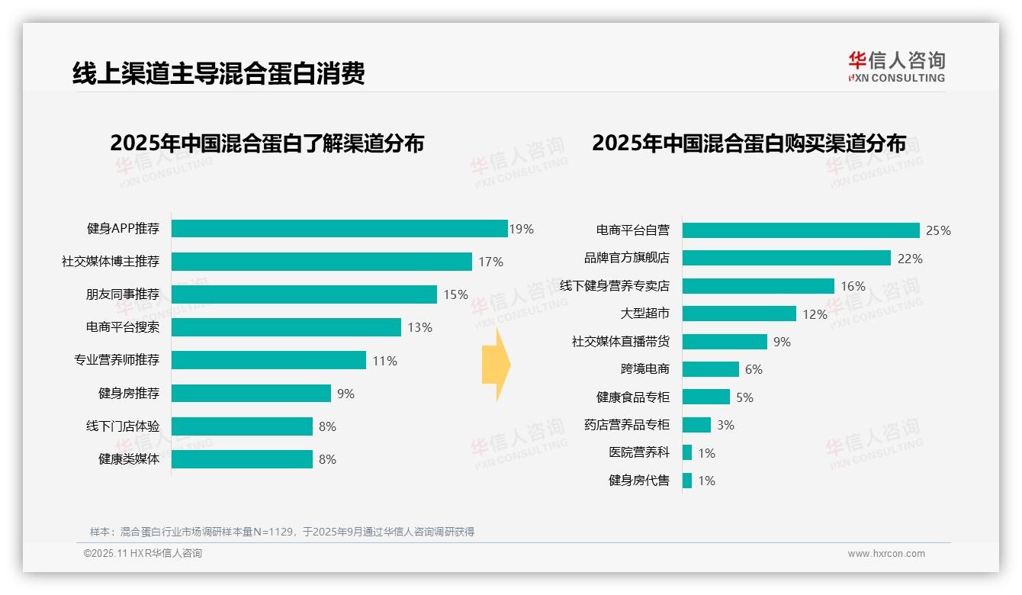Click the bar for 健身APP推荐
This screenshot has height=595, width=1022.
[x=339, y=229]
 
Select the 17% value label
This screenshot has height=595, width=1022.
[x=490, y=262]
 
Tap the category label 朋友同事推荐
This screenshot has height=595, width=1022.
[x=122, y=294]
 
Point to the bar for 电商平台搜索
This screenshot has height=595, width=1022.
[x=286, y=327]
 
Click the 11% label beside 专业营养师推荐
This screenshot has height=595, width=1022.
[x=384, y=361]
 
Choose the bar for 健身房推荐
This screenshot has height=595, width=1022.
[x=251, y=394]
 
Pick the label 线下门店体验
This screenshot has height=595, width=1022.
[x=122, y=426]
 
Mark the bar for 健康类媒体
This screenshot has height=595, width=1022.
[x=242, y=459]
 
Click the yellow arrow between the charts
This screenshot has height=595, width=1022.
[x=497, y=365]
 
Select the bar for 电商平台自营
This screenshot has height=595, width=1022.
[x=801, y=230]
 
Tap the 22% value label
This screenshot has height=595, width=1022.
[x=910, y=259]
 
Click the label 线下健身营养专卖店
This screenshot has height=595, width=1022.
[x=614, y=286]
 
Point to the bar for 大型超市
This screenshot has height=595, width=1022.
[x=739, y=314]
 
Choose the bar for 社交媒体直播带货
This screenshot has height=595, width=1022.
[x=725, y=342]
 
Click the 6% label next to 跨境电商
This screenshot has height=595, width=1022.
[x=754, y=369]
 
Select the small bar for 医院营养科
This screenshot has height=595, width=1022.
[x=687, y=452]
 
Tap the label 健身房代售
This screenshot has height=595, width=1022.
[x=638, y=481]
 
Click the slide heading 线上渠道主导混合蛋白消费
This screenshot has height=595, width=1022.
[x=218, y=72]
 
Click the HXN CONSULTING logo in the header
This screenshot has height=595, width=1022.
[x=896, y=67]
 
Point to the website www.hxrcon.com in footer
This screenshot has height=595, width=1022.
[x=886, y=554]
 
